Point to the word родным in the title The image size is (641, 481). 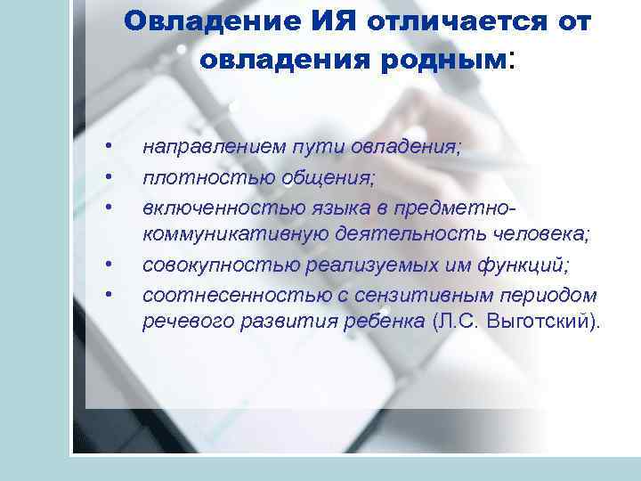click(x=447, y=60)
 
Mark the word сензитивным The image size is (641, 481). click(x=416, y=294)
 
